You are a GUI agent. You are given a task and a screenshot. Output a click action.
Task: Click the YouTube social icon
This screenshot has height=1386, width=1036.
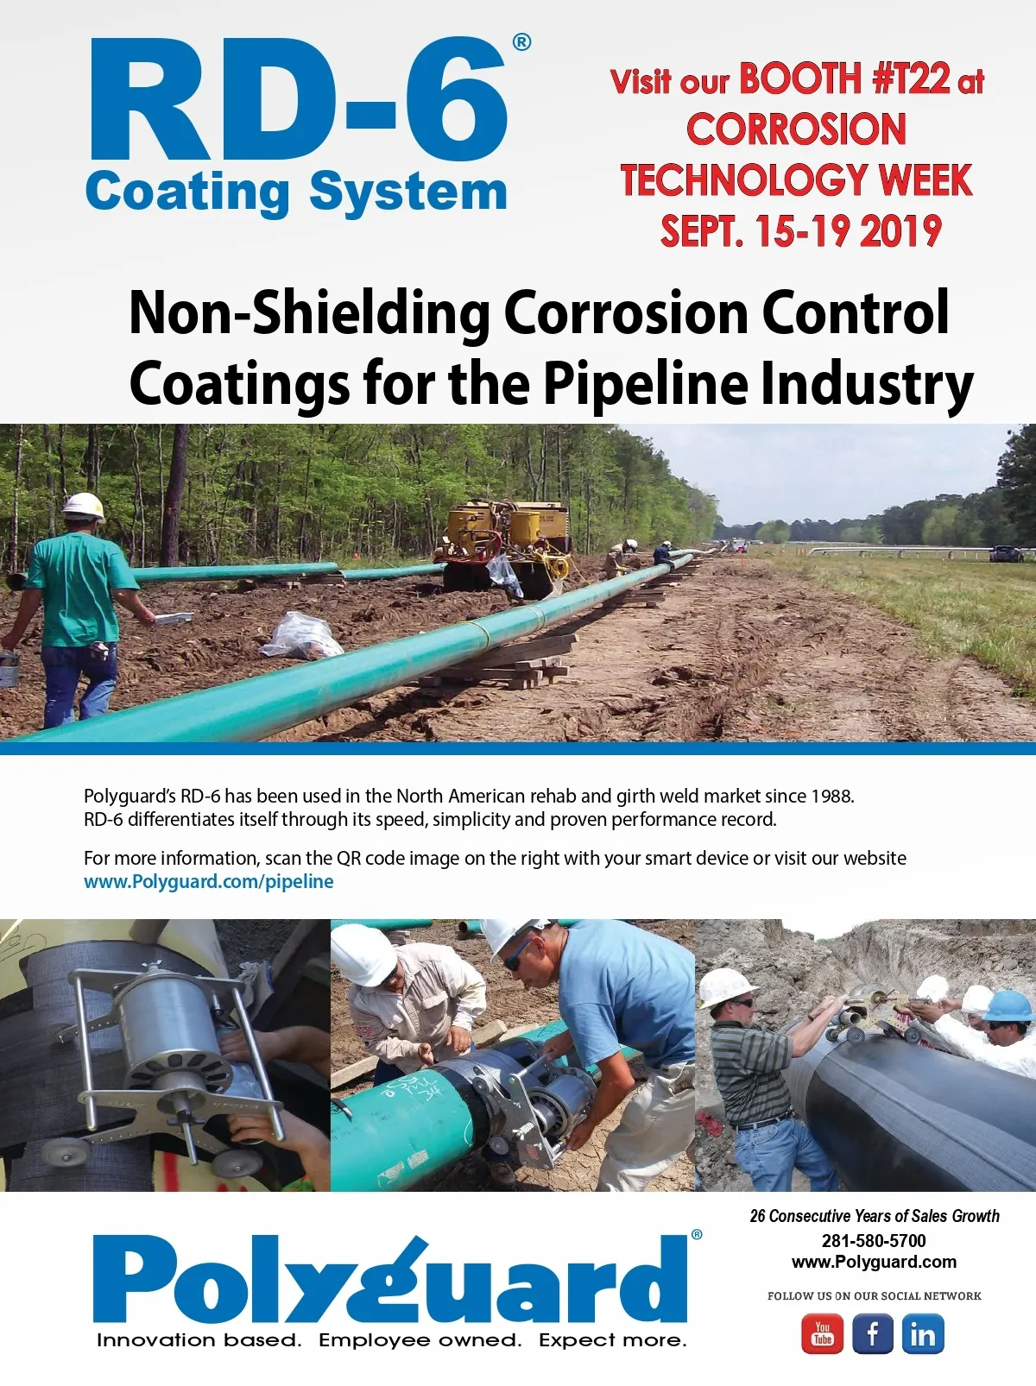pyautogui.click(x=823, y=1334)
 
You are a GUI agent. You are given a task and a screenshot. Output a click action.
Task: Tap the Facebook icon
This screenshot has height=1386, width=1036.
pyautogui.click(x=873, y=1334)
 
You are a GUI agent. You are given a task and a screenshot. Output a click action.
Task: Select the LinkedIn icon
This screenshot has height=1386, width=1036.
pyautogui.click(x=923, y=1334)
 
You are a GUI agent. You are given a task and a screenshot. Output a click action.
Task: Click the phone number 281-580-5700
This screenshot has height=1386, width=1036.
pyautogui.click(x=873, y=1240)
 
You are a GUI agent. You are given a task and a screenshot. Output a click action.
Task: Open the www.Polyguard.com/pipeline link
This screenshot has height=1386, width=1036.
pyautogui.click(x=208, y=881)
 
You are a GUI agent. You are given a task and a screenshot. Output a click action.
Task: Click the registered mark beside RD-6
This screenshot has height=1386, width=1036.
pyautogui.click(x=521, y=41)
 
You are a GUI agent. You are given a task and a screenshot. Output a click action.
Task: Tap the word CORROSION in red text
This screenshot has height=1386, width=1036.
pyautogui.click(x=796, y=129)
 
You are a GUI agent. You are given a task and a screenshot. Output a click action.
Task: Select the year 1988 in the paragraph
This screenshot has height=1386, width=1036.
pyautogui.click(x=832, y=796)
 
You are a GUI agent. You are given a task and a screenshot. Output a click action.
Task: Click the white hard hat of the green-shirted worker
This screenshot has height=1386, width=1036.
pyautogui.click(x=84, y=506)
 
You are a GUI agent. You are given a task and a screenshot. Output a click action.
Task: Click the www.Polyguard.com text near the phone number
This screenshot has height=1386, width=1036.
pyautogui.click(x=874, y=1262)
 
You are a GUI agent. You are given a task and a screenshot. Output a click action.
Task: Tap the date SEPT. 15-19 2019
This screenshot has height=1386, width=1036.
pyautogui.click(x=800, y=231)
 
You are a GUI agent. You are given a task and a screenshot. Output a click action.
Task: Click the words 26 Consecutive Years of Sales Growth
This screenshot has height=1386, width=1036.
pyautogui.click(x=874, y=1216)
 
